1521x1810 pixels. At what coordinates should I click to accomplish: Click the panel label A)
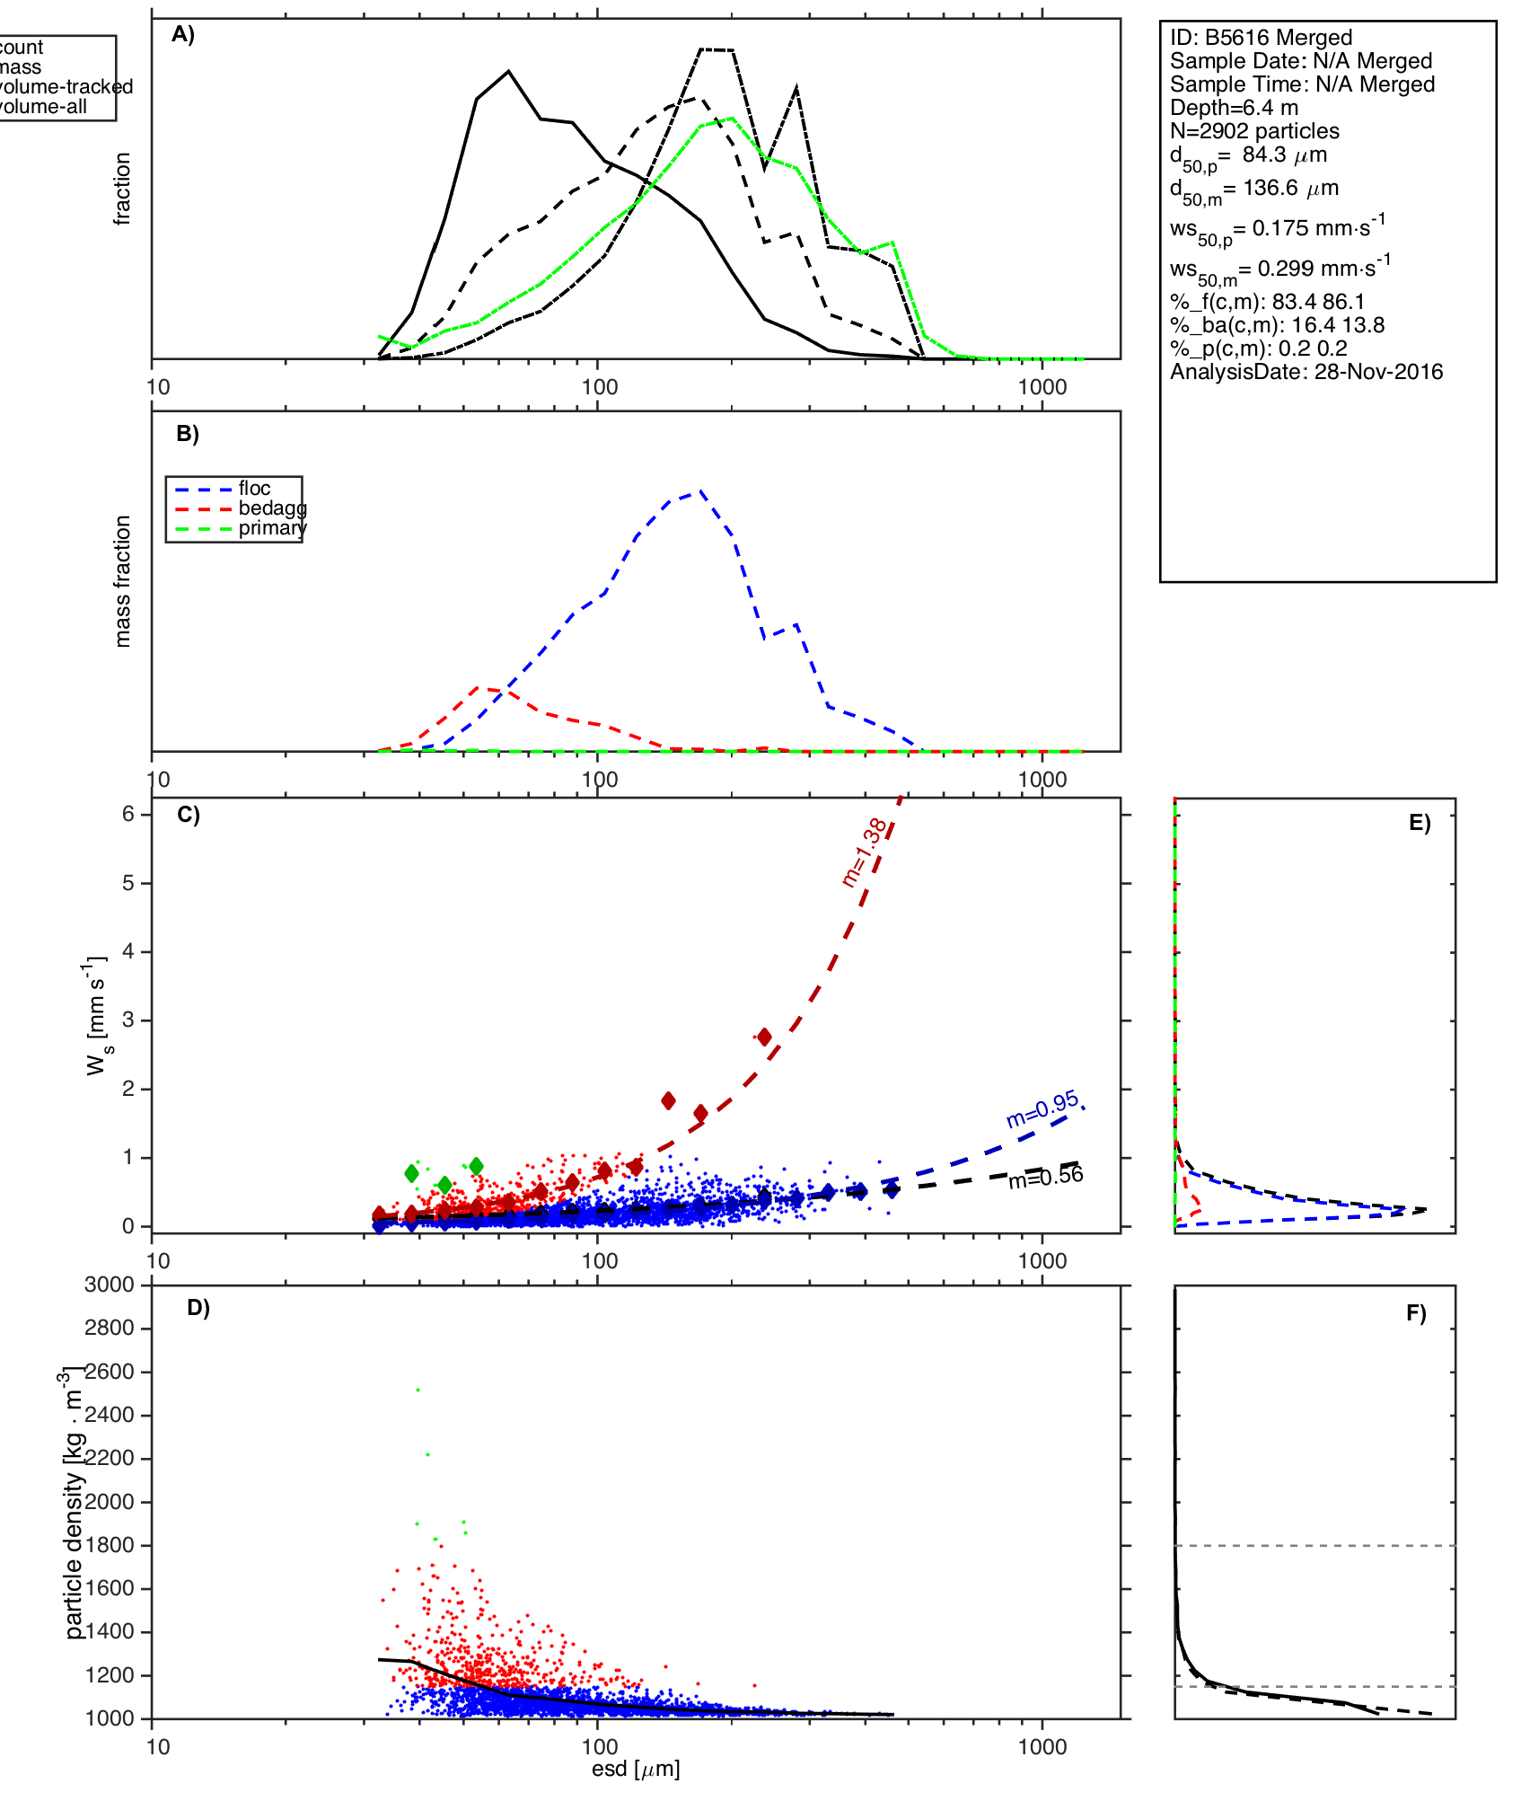tap(183, 34)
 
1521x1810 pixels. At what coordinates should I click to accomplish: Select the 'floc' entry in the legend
tap(254, 489)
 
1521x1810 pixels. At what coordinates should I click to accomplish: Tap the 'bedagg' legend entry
tap(272, 508)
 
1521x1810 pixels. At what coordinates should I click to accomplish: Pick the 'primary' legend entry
tap(272, 528)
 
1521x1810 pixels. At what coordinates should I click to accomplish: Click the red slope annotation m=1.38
tap(865, 852)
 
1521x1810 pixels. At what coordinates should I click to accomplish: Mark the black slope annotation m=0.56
tap(1045, 1178)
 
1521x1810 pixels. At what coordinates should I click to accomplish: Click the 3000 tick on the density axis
tap(110, 1285)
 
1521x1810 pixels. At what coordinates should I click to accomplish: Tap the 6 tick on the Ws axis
tap(128, 814)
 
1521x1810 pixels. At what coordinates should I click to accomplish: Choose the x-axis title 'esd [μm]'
tap(636, 1769)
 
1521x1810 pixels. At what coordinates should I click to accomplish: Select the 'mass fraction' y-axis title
tap(123, 581)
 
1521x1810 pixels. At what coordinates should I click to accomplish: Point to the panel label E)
tap(1420, 824)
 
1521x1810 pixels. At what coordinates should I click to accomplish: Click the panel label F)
tap(1416, 1313)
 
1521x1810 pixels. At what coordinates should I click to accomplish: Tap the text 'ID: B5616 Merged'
tap(1261, 38)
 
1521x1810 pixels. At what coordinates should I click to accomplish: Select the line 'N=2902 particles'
tap(1254, 131)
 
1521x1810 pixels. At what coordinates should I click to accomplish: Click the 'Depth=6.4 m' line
tap(1234, 108)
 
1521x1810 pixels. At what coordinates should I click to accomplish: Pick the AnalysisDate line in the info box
tap(1306, 372)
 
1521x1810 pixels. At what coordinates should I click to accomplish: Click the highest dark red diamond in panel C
tap(764, 1037)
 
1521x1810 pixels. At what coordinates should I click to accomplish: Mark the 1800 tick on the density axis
tap(110, 1545)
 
